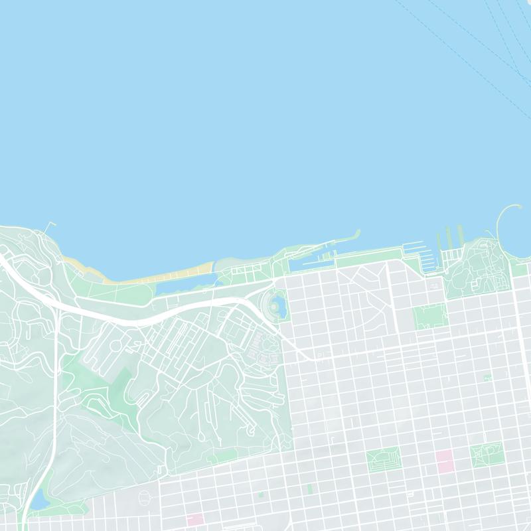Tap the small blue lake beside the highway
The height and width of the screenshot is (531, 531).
[x=39, y=499]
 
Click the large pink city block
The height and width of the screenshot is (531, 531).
[x=444, y=460]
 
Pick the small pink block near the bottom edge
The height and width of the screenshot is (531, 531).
[x=194, y=519]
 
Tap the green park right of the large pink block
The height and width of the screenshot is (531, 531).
[x=487, y=455]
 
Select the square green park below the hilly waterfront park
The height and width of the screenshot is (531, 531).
[x=430, y=316]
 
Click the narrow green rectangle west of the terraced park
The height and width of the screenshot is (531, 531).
[x=310, y=489]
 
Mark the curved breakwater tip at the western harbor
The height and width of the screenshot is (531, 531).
[x=357, y=234]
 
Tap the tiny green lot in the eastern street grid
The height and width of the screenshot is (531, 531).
[x=488, y=378]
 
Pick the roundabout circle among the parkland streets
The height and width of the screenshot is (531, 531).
[x=116, y=345]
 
